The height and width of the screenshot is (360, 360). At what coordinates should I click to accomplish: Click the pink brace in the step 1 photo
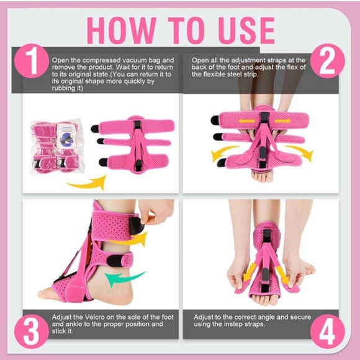click(133, 143)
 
